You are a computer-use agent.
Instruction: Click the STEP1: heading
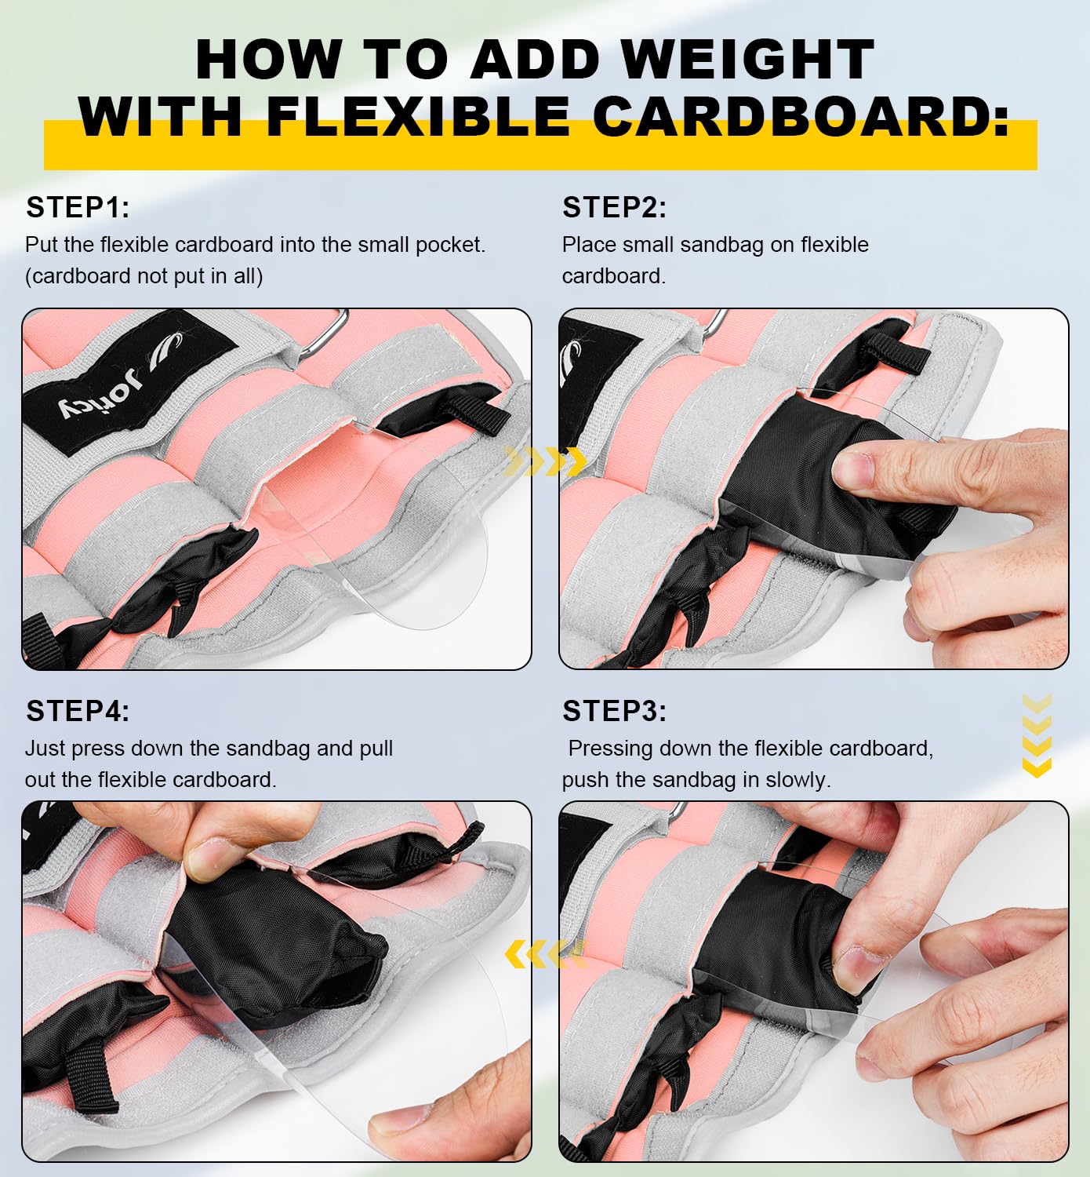(78, 208)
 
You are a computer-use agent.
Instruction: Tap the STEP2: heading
(614, 208)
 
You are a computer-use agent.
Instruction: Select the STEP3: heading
(614, 711)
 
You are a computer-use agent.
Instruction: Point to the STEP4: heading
(78, 711)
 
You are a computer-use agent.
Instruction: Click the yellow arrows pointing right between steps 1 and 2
(546, 462)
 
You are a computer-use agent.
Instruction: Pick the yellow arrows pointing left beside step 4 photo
(544, 954)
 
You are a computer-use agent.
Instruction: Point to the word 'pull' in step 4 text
(376, 749)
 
